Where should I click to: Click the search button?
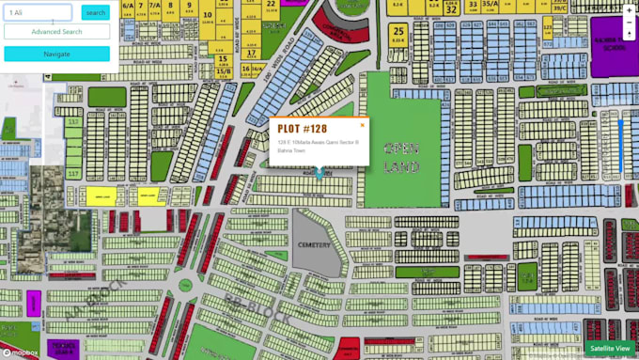pyautogui.click(x=95, y=12)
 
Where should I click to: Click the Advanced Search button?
pyautogui.click(x=56, y=32)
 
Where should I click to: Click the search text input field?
pyautogui.click(x=38, y=12)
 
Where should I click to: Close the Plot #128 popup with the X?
pyautogui.click(x=362, y=124)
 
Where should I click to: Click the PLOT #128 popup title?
pyautogui.click(x=303, y=129)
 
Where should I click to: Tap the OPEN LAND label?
pyautogui.click(x=401, y=155)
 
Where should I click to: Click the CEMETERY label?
pyautogui.click(x=315, y=245)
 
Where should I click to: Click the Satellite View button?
pyautogui.click(x=609, y=349)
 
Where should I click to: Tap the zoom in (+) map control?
pyautogui.click(x=629, y=10)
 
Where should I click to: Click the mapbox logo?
pyautogui.click(x=20, y=352)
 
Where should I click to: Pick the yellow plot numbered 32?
pyautogui.click(x=451, y=8)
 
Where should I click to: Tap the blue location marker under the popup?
pyautogui.click(x=319, y=173)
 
